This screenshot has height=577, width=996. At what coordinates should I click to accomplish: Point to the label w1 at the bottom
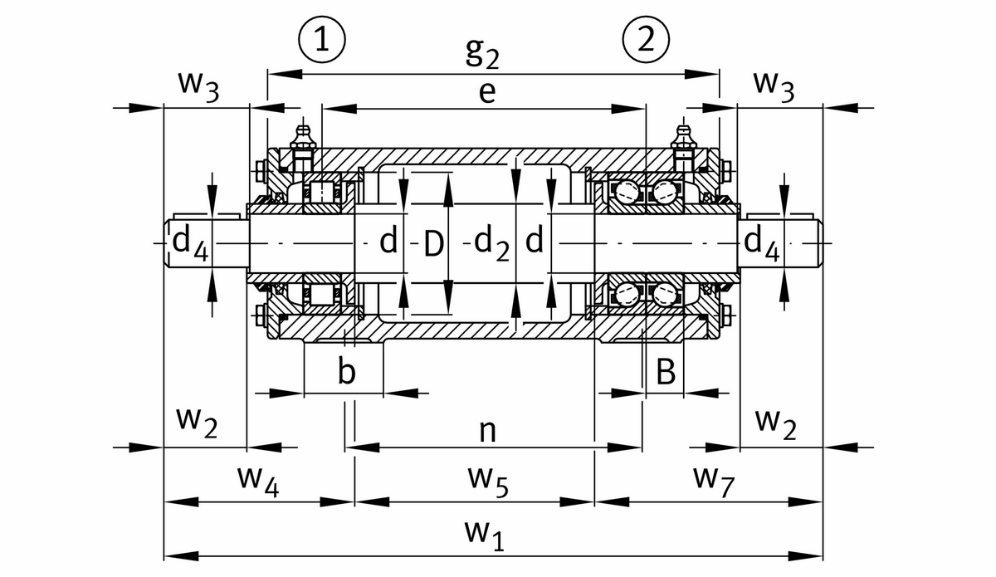tap(487, 537)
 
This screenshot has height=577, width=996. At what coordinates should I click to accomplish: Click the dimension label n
tap(488, 429)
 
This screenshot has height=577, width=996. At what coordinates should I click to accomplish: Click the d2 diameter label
tap(491, 243)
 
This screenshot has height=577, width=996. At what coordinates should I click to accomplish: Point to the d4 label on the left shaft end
tap(190, 242)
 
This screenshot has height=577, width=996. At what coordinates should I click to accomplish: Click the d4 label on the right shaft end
tap(761, 242)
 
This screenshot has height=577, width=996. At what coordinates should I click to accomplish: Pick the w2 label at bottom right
tap(776, 423)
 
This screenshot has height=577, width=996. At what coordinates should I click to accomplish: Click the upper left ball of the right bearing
tap(627, 193)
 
